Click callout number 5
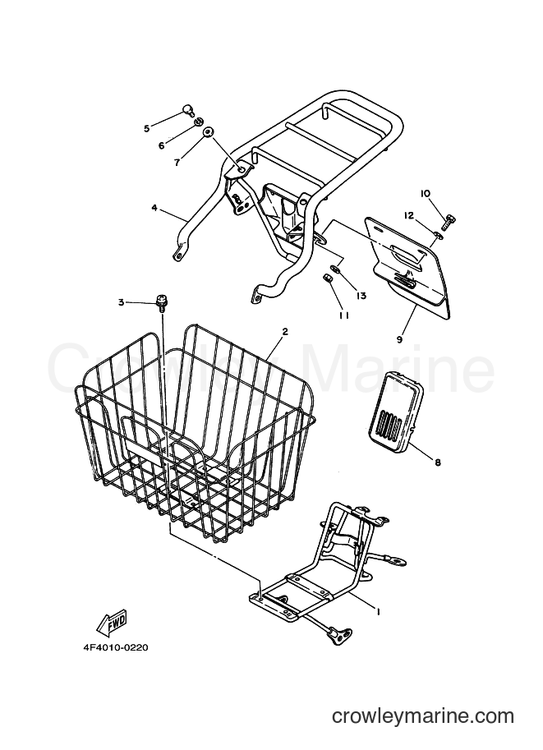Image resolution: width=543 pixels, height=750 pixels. click(x=147, y=128)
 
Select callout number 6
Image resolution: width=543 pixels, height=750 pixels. click(x=162, y=145)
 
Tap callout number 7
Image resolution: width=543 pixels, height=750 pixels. click(x=177, y=163)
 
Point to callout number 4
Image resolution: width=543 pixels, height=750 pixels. click(x=154, y=208)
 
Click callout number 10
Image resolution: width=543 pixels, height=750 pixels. click(x=426, y=193)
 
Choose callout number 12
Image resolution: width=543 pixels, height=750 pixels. click(x=409, y=216)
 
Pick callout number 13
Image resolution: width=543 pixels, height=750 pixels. click(x=361, y=296)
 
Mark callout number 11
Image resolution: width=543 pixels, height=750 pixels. click(x=344, y=315)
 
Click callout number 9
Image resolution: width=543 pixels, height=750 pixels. click(x=399, y=339)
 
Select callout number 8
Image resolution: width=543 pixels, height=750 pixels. click(x=438, y=462)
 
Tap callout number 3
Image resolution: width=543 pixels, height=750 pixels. click(x=122, y=301)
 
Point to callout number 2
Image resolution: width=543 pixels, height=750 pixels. click(x=285, y=331)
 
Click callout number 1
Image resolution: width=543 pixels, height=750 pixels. click(x=378, y=611)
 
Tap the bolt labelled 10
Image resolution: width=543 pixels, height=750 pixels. click(x=449, y=223)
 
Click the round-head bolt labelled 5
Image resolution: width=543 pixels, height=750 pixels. click(x=189, y=112)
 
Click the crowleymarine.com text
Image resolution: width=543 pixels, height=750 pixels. click(x=423, y=716)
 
